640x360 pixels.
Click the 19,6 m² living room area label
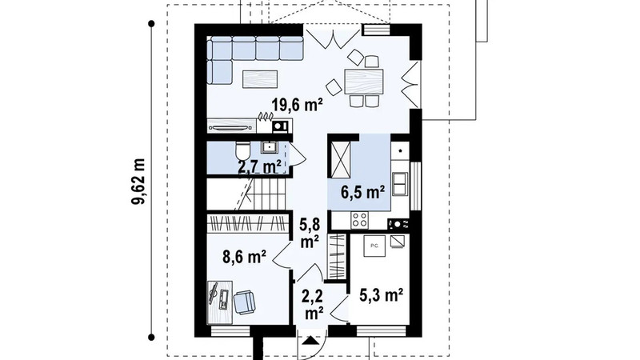point(298,105)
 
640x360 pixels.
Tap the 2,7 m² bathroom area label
point(259,166)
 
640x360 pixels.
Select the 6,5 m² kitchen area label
point(363,192)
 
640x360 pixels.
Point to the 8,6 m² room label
point(245,257)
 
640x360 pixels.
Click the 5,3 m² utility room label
point(382,294)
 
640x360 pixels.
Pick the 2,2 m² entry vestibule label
point(313,304)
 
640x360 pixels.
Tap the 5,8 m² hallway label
point(310,233)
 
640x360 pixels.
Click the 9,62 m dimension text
point(138,182)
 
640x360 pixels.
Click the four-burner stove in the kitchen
point(359,220)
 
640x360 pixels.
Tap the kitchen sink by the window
point(399,184)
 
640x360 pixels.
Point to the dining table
point(364,82)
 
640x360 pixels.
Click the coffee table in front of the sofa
point(260,79)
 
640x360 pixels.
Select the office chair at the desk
point(245,302)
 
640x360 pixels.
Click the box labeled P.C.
point(374,246)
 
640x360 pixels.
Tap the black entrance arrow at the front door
point(311,341)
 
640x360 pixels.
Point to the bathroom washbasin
point(269,147)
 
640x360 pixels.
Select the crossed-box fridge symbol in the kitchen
point(340,159)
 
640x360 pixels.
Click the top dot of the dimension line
point(151,24)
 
